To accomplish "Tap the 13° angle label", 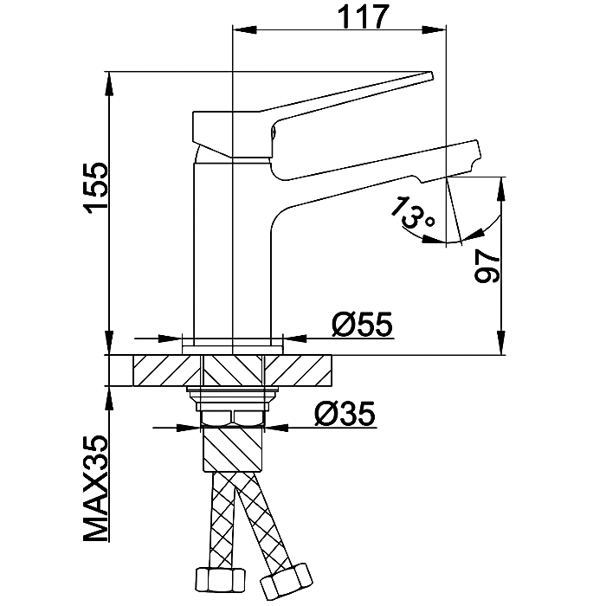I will coord(412,213).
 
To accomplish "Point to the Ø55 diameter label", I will coord(362,326).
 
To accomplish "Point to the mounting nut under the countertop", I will coord(233,397).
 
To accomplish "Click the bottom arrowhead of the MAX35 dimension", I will coord(110,394).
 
